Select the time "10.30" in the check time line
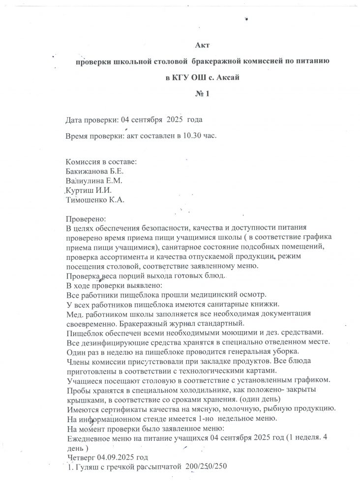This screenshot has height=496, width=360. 191,134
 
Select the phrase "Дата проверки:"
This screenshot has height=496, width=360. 91,120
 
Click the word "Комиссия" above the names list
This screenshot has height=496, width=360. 84,162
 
